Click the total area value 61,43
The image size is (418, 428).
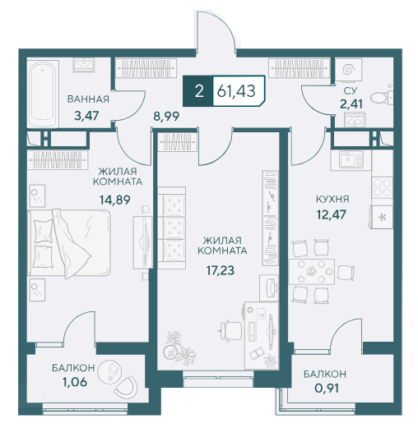point(236,91)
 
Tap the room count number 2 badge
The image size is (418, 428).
point(199,91)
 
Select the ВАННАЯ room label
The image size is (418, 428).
point(88,99)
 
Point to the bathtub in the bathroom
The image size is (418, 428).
point(43,94)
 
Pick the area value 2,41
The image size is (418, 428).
point(351,104)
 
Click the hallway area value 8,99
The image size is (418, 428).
point(166,117)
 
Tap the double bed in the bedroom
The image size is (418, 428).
point(69,243)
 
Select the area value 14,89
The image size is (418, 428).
point(115,200)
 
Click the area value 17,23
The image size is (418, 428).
point(221,270)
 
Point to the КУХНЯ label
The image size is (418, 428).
point(332,199)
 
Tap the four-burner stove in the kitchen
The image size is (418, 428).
point(383,187)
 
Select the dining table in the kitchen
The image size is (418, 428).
point(312,271)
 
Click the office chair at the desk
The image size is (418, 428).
point(230,330)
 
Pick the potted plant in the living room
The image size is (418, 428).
point(179,347)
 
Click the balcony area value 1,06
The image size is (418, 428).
point(75,382)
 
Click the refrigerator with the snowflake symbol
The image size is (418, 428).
point(382,217)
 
